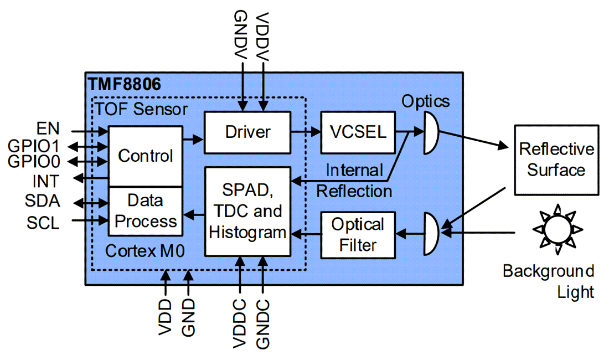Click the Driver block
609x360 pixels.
pyautogui.click(x=247, y=132)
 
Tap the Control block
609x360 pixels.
pyautogui.click(x=145, y=156)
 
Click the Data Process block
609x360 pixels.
pyautogui.click(x=145, y=211)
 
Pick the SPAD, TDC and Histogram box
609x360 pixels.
pyautogui.click(x=247, y=211)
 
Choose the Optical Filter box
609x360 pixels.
pyautogui.click(x=358, y=235)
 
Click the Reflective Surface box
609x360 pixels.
pyautogui.click(x=556, y=160)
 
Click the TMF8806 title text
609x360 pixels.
pyautogui.click(x=125, y=84)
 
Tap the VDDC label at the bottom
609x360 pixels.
pyautogui.click(x=240, y=324)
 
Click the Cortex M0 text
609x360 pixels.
pyautogui.click(x=145, y=252)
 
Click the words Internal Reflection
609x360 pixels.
pyautogui.click(x=354, y=181)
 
